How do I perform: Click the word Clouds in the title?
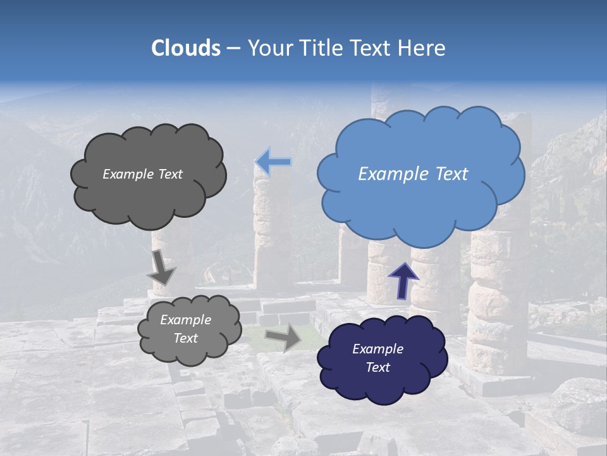(x=185, y=48)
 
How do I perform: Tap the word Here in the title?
(x=422, y=48)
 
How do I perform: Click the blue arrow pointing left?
(x=273, y=161)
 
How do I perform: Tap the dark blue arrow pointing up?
(x=403, y=279)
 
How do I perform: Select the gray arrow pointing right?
(x=283, y=338)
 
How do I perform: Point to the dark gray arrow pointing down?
(x=161, y=268)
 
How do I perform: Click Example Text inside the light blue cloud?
(x=413, y=174)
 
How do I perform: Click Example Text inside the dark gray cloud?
(x=142, y=174)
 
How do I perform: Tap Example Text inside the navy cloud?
(x=377, y=358)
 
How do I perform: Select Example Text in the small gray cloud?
(x=185, y=329)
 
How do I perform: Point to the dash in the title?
(x=233, y=49)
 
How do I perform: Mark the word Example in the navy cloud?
(x=377, y=349)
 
